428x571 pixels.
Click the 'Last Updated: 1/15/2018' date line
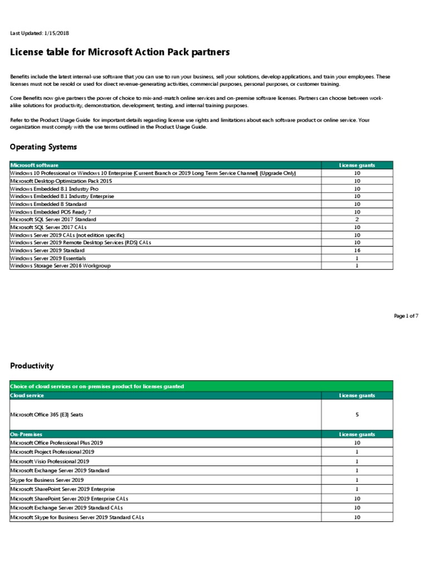[x=39, y=33]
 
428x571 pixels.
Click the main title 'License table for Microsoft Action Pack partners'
[x=120, y=52]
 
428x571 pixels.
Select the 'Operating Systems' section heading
[x=43, y=147]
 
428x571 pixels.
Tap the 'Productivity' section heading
[x=32, y=366]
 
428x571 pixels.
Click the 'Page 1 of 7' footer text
[x=406, y=316]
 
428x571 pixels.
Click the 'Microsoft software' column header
[x=35, y=166]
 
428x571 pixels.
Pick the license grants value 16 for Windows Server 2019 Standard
[x=357, y=251]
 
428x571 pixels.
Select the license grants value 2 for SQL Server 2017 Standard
[x=357, y=220]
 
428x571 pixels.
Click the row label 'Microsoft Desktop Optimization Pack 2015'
[x=61, y=181]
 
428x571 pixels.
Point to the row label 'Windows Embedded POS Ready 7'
[x=50, y=212]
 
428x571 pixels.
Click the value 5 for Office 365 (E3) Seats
[x=357, y=415]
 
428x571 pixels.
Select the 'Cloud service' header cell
[x=27, y=395]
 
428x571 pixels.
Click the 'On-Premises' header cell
[x=26, y=434]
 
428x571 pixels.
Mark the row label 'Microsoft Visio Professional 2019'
[x=50, y=462]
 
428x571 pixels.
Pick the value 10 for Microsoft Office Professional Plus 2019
[x=357, y=442]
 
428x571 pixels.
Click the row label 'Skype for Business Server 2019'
[x=47, y=480]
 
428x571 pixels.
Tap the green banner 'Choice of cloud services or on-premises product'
[x=98, y=386]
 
